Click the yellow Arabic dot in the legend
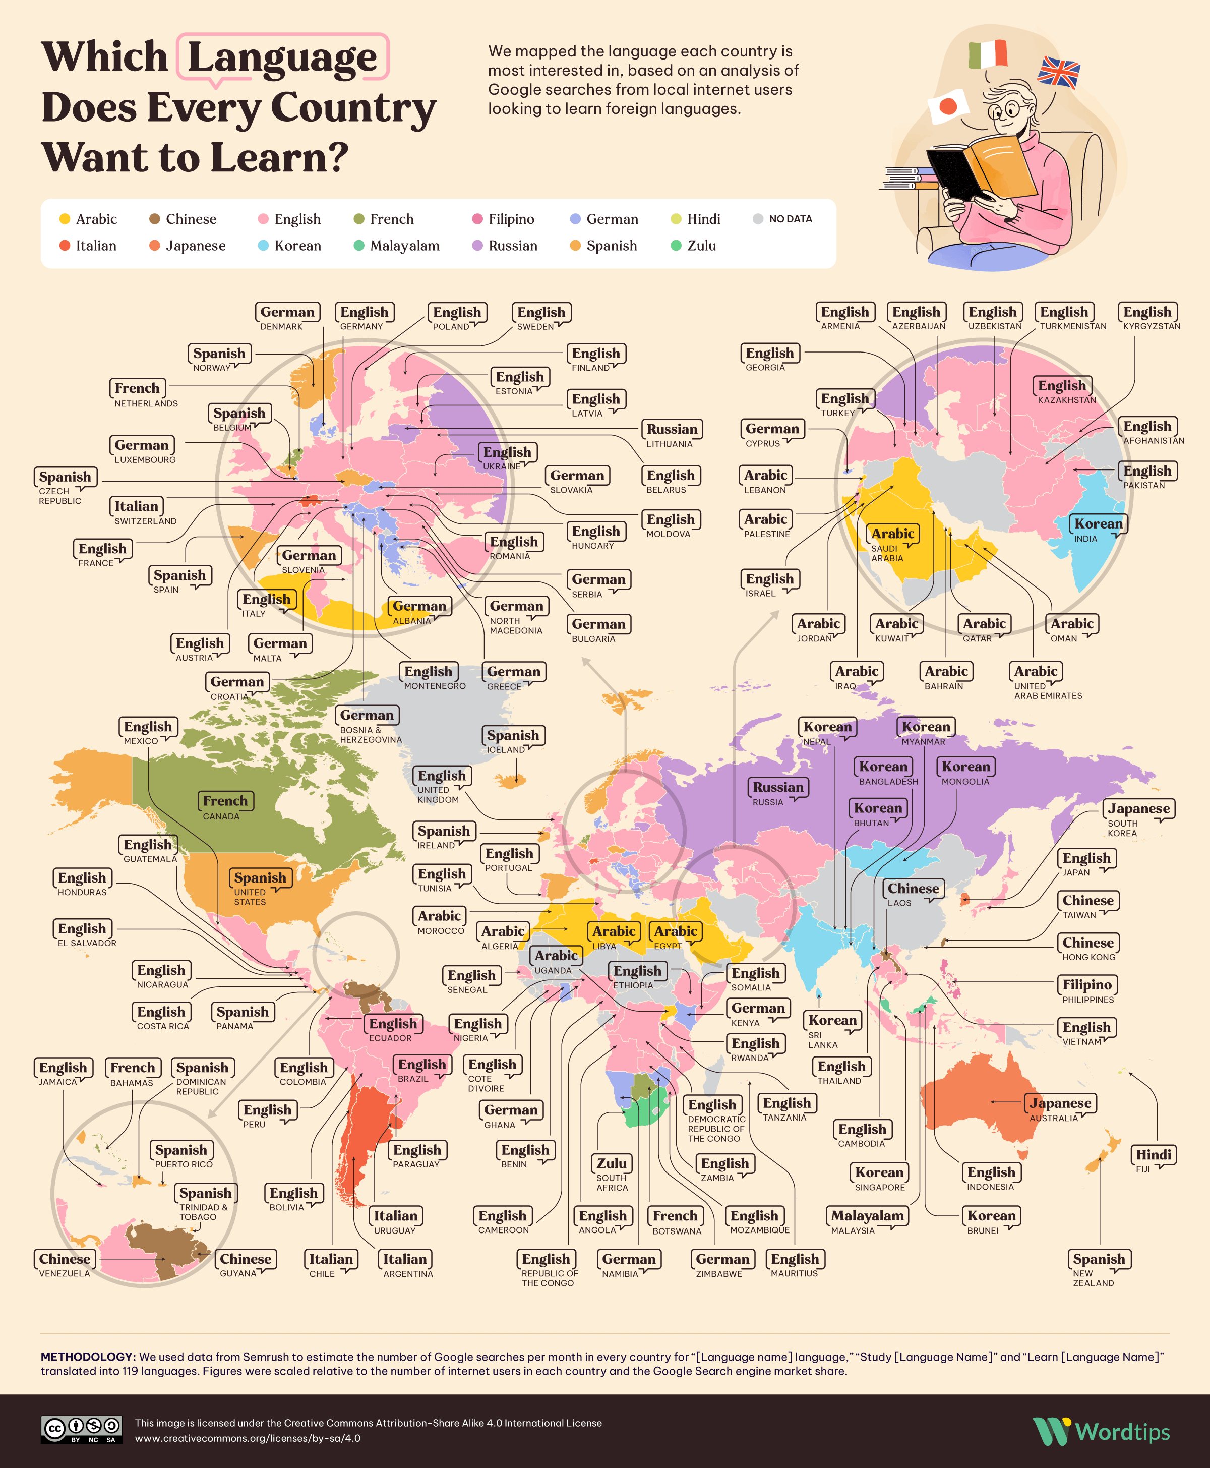(x=65, y=219)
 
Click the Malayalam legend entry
(x=397, y=246)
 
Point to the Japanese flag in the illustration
(x=948, y=106)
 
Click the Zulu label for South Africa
(x=611, y=1163)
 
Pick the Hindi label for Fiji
(x=1154, y=1154)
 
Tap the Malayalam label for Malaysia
(x=867, y=1216)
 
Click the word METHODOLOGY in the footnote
(x=87, y=1357)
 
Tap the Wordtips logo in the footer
(x=1101, y=1432)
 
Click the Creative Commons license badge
(x=82, y=1430)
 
